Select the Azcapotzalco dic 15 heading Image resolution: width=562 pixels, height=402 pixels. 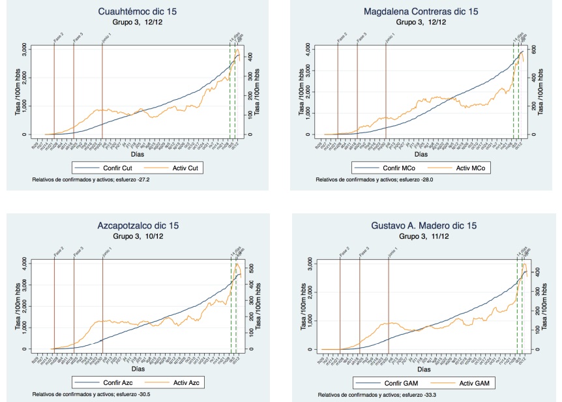click(138, 226)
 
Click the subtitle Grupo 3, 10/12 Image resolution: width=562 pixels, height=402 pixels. click(138, 236)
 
